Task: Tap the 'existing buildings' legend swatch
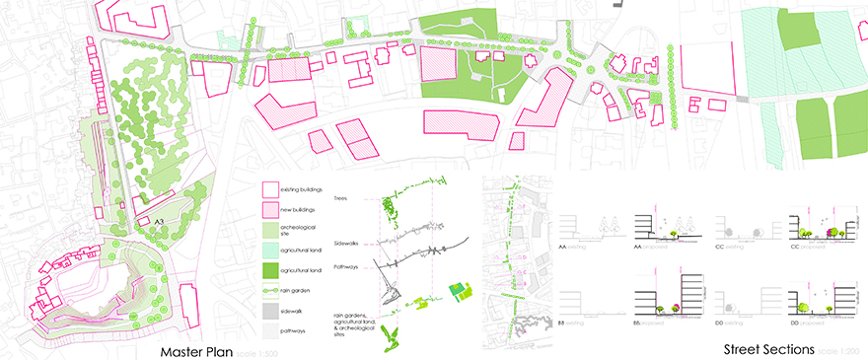271,189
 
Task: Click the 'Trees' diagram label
341,198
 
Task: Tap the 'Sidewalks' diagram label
346,242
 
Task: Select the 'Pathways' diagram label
346,267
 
